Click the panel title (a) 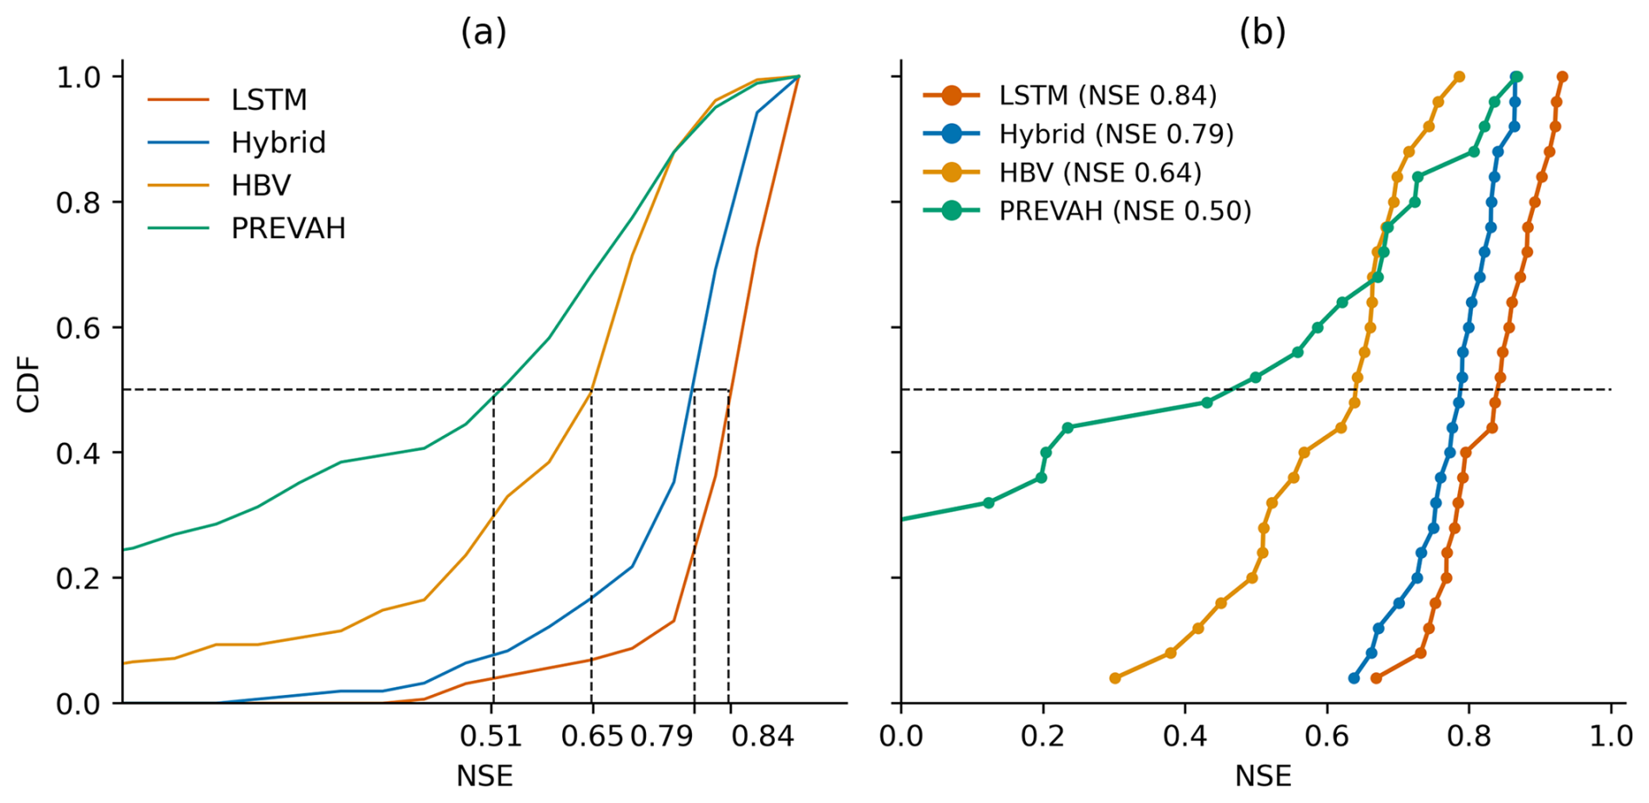(484, 32)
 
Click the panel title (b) (1262, 32)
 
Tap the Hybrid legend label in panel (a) (278, 143)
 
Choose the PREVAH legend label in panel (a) (288, 228)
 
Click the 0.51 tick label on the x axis (492, 737)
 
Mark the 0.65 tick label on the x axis (592, 737)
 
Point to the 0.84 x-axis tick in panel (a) (762, 737)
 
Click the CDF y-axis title (29, 384)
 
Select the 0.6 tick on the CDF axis (78, 328)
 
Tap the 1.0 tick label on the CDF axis (78, 78)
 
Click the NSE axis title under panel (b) (1262, 776)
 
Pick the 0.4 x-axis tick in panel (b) (1185, 737)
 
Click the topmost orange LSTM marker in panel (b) (1562, 77)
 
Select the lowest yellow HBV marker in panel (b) (1115, 678)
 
